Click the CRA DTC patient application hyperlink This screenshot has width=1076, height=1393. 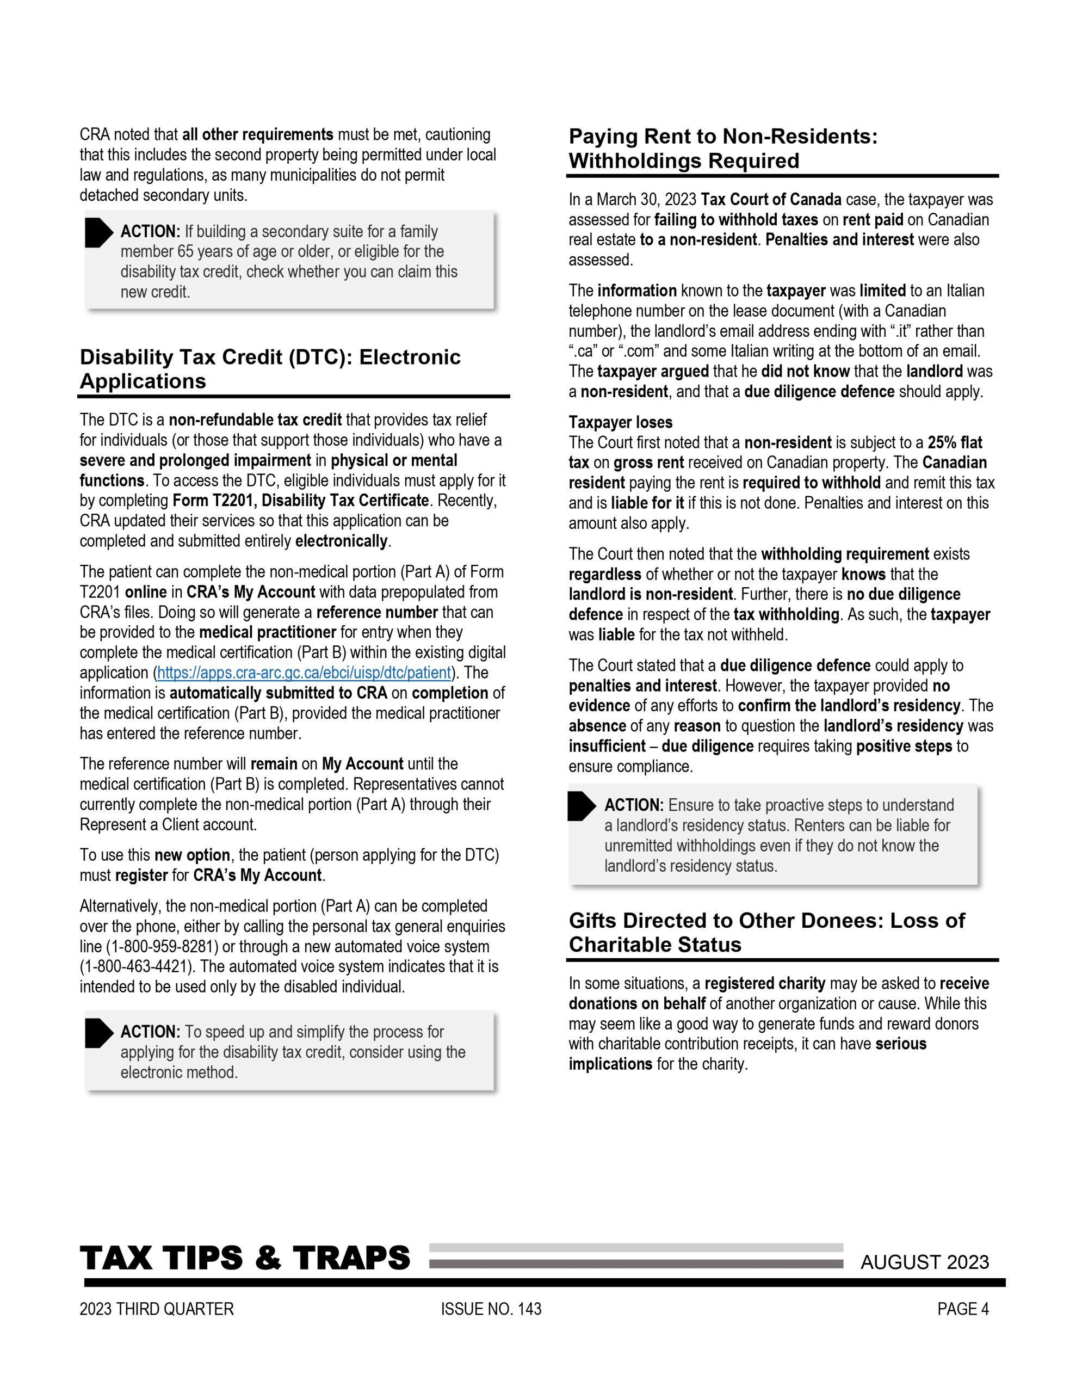coord(304,673)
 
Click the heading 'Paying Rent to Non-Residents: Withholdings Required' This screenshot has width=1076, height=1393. coord(722,149)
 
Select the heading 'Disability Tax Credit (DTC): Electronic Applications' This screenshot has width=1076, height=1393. coord(270,369)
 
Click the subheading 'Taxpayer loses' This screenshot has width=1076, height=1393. coord(620,422)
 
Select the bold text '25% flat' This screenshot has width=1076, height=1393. coord(955,442)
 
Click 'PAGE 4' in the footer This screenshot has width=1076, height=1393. coord(962,1309)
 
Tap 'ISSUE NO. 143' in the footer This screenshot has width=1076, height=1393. coord(491,1309)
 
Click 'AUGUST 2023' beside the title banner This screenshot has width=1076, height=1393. coord(924,1262)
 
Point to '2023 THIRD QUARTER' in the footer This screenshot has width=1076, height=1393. coord(157,1309)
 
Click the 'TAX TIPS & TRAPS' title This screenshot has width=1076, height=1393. coord(245,1259)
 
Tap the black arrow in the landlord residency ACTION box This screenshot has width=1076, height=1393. coord(580,807)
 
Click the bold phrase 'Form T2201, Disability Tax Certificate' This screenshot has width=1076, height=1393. coord(300,501)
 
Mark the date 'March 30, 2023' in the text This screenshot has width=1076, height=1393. coord(646,200)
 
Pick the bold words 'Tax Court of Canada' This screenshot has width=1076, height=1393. coord(770,200)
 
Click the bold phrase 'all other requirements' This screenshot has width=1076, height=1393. coord(258,134)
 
